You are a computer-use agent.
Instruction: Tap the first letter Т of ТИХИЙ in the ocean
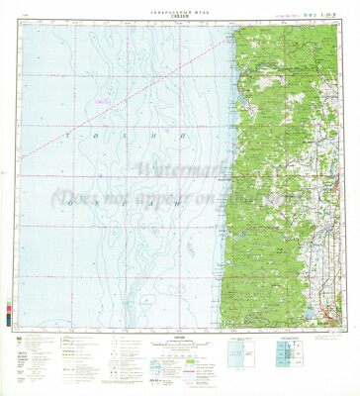click(x=65, y=135)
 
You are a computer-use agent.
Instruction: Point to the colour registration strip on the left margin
click(x=11, y=297)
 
